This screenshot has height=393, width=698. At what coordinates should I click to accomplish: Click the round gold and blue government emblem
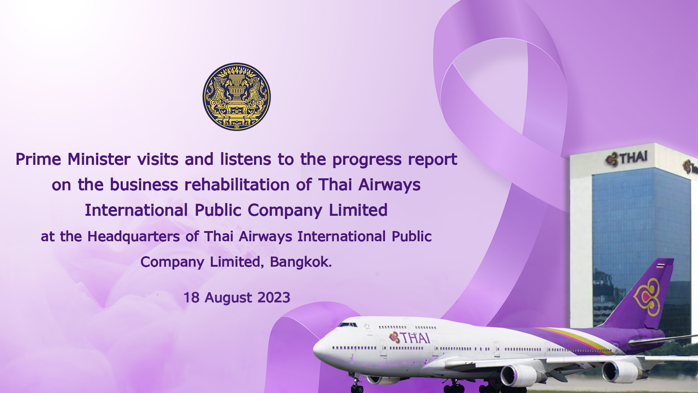pos(237,97)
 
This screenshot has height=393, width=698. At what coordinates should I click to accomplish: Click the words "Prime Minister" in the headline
pos(73,159)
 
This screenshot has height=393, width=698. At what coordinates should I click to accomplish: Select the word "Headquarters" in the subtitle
pos(133,237)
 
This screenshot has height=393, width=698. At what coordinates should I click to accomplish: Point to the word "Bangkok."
pos(301,262)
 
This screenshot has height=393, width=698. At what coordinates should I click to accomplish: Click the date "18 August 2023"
pos(237,297)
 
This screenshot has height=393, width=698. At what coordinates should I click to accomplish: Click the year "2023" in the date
pos(274,297)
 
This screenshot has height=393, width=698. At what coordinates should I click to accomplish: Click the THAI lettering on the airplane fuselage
pos(410,338)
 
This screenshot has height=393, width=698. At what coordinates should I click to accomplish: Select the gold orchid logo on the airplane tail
pos(647,297)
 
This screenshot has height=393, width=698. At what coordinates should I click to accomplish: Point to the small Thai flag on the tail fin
pos(661,265)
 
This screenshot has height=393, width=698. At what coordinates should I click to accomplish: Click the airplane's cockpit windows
pos(347,325)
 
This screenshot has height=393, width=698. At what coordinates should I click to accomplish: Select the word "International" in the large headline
pos(136,210)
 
